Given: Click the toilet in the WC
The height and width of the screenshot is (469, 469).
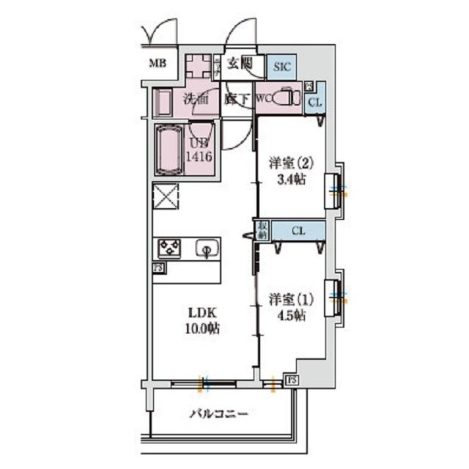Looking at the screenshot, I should [287, 99].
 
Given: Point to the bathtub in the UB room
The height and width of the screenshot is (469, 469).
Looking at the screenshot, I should [169, 150].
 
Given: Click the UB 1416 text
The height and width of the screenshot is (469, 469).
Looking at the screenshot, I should [199, 150].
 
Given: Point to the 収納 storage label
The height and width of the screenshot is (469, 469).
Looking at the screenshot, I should [262, 230].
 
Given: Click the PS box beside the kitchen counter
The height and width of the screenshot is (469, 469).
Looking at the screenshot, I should [158, 268].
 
